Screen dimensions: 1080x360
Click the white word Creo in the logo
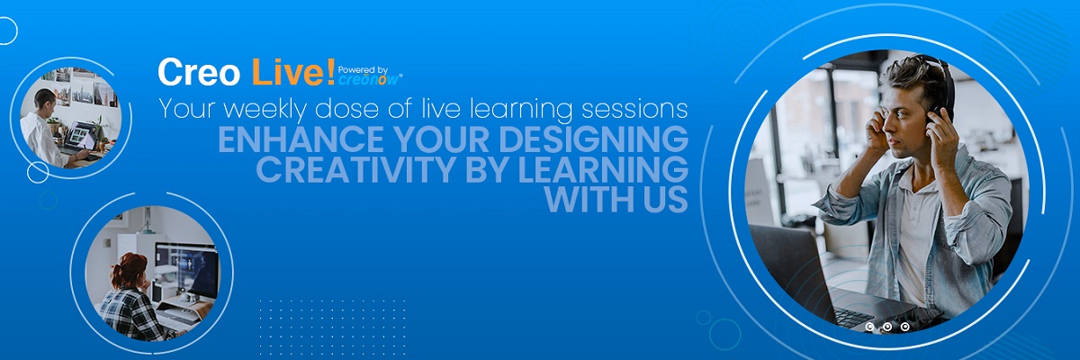point(199,72)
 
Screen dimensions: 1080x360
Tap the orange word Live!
point(293,72)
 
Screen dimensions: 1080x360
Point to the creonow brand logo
point(370,79)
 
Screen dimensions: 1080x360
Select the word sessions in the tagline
point(634,110)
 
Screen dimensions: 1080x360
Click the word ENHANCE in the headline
point(301,139)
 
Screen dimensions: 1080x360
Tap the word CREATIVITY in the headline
point(356,169)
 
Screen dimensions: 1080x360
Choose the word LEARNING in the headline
point(603,169)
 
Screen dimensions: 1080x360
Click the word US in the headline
point(665,200)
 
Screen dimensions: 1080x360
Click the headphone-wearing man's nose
point(887,126)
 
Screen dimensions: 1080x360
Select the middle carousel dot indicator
point(887,328)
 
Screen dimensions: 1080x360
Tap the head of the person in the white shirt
point(44,100)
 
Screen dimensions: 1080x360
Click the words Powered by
point(363,70)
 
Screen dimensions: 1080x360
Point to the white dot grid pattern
point(333,327)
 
